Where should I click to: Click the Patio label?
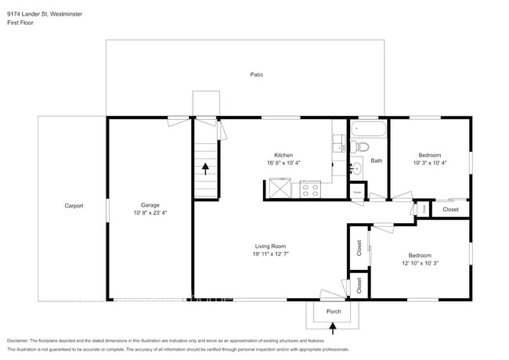point(256,75)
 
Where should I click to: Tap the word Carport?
point(74,206)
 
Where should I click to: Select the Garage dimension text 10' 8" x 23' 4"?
point(149,212)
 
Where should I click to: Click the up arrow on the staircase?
point(206,167)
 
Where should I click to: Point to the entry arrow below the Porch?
point(333,329)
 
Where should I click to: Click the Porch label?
point(333,311)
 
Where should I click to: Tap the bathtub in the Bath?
point(367,129)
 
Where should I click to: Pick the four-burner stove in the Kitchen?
point(309,188)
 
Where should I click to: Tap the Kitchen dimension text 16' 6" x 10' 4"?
point(283,163)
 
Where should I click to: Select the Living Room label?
point(268,246)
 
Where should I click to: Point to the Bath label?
point(376,161)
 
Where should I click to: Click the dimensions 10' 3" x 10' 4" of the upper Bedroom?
point(429,163)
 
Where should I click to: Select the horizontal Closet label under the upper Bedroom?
point(450,209)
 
